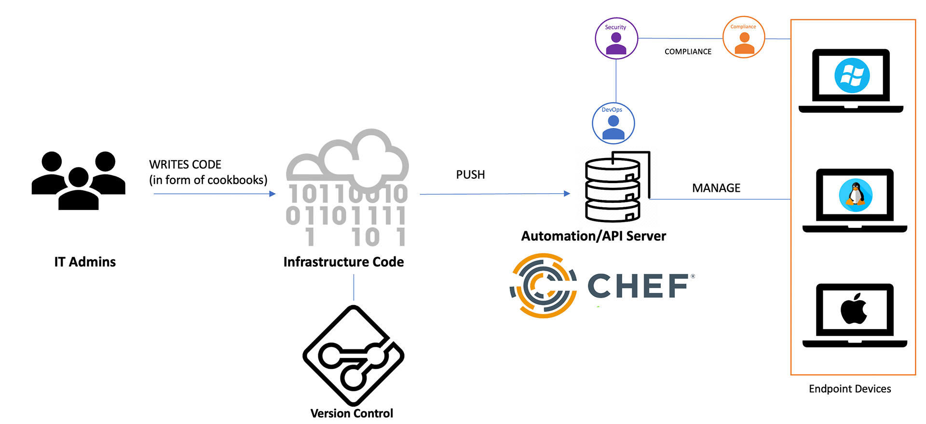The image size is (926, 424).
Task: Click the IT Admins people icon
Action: tap(79, 181)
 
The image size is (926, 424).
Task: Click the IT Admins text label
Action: tap(85, 262)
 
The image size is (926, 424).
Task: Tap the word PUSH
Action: tap(470, 174)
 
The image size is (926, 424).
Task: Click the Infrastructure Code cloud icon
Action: tap(347, 188)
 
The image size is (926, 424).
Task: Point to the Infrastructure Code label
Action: tap(343, 262)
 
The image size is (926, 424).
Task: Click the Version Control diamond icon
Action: tap(354, 356)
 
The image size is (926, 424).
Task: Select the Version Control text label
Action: tap(352, 413)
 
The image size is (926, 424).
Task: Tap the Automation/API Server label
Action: tap(594, 236)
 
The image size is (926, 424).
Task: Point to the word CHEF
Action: tap(638, 286)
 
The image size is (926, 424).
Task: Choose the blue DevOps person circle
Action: tap(613, 123)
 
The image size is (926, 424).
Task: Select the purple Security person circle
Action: tap(616, 39)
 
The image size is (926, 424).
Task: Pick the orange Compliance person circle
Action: tap(744, 37)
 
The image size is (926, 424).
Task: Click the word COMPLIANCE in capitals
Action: tap(688, 52)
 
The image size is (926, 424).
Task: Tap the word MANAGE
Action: tap(716, 188)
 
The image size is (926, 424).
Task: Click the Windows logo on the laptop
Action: tap(852, 76)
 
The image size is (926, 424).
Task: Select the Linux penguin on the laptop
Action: tap(856, 195)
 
